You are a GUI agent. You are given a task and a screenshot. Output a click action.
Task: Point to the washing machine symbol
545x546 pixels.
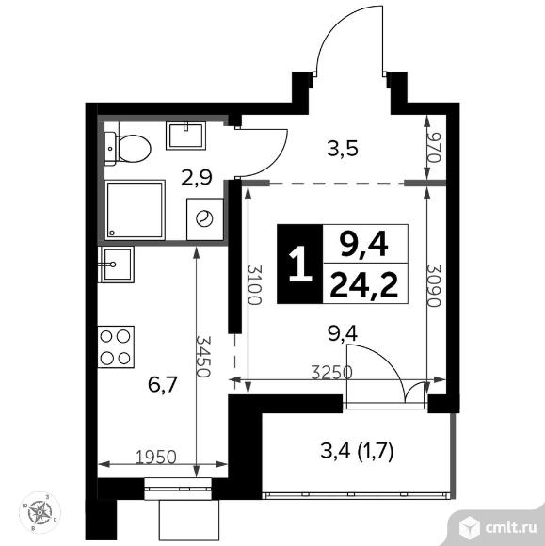pos(203,217)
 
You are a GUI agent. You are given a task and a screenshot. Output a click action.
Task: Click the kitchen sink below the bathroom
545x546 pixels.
pos(117,263)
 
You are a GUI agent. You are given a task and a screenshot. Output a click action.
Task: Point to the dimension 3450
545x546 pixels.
pos(201,356)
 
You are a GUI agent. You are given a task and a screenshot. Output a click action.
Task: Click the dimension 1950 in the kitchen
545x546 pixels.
pos(155,458)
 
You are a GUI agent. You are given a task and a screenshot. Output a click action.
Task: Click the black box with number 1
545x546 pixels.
pos(298,265)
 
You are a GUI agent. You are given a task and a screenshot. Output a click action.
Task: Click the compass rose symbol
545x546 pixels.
pos(40,513)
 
